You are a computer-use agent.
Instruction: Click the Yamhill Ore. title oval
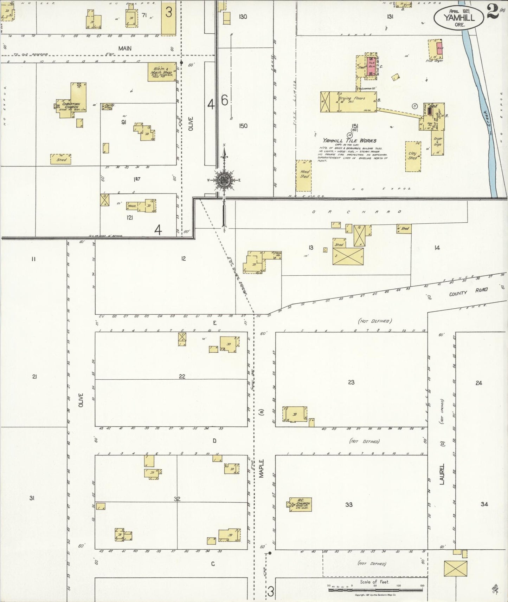[458, 16]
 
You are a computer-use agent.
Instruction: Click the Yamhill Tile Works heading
[347, 140]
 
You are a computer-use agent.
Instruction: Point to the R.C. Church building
[301, 504]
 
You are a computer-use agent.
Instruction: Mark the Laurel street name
[442, 474]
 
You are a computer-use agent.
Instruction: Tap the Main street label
[125, 48]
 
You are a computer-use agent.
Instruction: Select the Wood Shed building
[304, 176]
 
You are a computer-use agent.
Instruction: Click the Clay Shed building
[413, 156]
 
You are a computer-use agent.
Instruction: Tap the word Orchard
[356, 212]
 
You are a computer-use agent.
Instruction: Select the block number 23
[351, 382]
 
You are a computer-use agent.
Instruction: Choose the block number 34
[484, 504]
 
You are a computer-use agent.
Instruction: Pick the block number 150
[243, 126]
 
